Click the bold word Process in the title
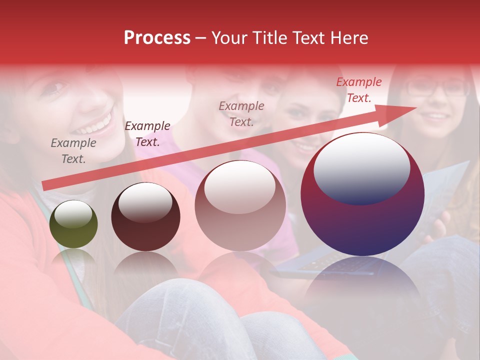157,38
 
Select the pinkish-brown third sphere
240,205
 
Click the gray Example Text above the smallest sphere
73,151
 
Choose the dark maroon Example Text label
147,134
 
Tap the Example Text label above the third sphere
241,113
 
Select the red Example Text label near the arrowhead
359,90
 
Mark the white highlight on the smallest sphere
73,215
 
